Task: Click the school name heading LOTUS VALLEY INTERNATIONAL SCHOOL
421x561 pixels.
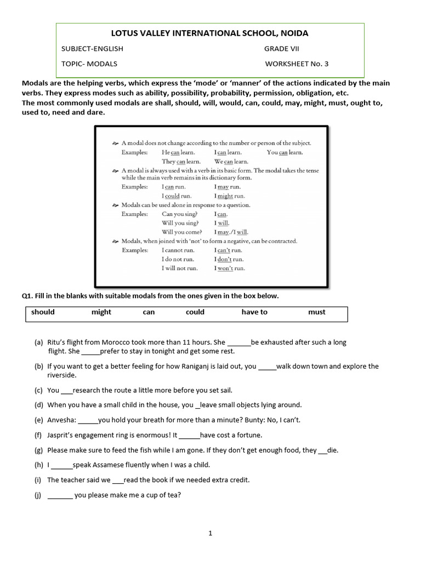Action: [210, 33]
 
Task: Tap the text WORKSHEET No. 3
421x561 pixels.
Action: [297, 64]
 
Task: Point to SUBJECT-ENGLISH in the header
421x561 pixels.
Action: [92, 49]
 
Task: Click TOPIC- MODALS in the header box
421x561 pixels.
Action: [89, 64]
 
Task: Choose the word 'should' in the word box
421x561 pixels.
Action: [43, 312]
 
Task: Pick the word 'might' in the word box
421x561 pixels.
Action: [101, 312]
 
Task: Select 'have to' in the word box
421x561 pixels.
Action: [254, 312]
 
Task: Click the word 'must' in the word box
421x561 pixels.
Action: [317, 312]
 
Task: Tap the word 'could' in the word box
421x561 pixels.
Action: [195, 312]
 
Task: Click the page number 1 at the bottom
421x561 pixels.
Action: [210, 533]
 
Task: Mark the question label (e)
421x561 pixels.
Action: [38, 420]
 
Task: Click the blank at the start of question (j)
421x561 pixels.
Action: [60, 495]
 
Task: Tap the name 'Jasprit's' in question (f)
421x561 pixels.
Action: [61, 436]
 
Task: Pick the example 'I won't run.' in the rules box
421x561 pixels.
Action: [230, 268]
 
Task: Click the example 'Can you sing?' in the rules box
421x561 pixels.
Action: [180, 214]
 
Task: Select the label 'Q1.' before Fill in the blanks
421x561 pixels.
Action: [27, 296]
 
